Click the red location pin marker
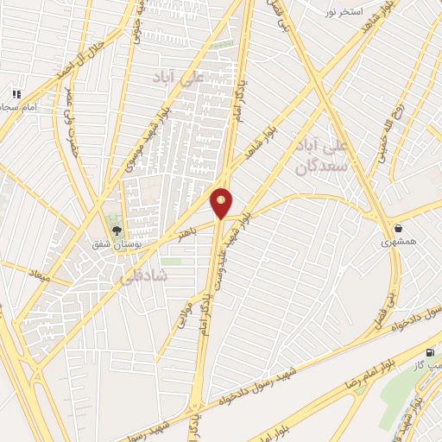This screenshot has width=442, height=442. (222, 203)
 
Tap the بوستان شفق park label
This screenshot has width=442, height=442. (117, 245)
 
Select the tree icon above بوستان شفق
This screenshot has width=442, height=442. (117, 230)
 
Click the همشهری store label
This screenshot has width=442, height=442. (399, 243)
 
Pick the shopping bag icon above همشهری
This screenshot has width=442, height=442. (398, 228)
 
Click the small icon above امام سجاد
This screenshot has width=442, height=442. (16, 93)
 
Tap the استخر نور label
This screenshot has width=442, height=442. (342, 12)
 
